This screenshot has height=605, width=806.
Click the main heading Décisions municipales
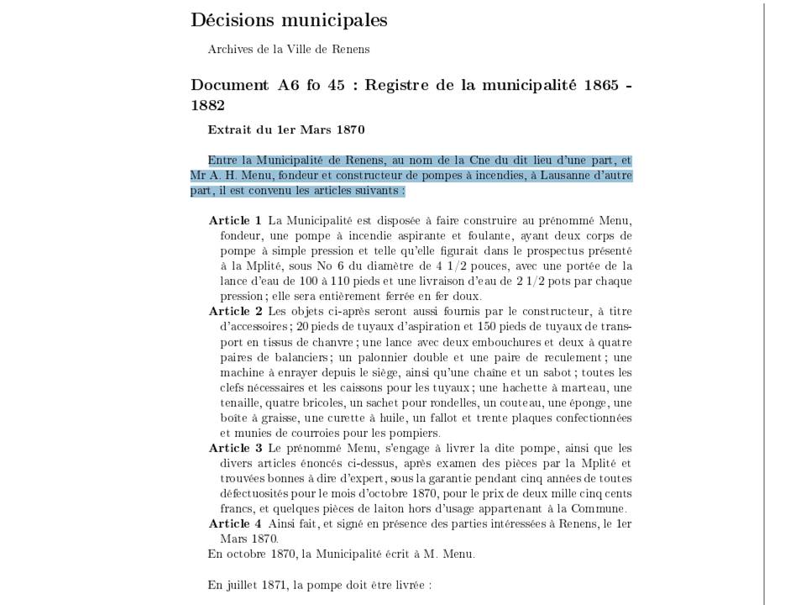tap(289, 20)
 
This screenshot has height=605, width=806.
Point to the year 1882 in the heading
tap(208, 106)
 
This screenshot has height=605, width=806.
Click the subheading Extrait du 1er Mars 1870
tap(285, 130)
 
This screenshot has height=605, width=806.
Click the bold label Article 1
tap(235, 220)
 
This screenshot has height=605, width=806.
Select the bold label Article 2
tap(235, 311)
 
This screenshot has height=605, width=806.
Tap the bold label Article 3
tap(235, 448)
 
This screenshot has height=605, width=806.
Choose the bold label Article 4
tap(235, 523)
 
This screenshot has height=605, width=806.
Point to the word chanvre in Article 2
tap(331, 342)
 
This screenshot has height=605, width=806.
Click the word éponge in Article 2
tap(593, 402)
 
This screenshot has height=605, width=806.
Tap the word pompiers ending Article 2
tap(416, 433)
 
